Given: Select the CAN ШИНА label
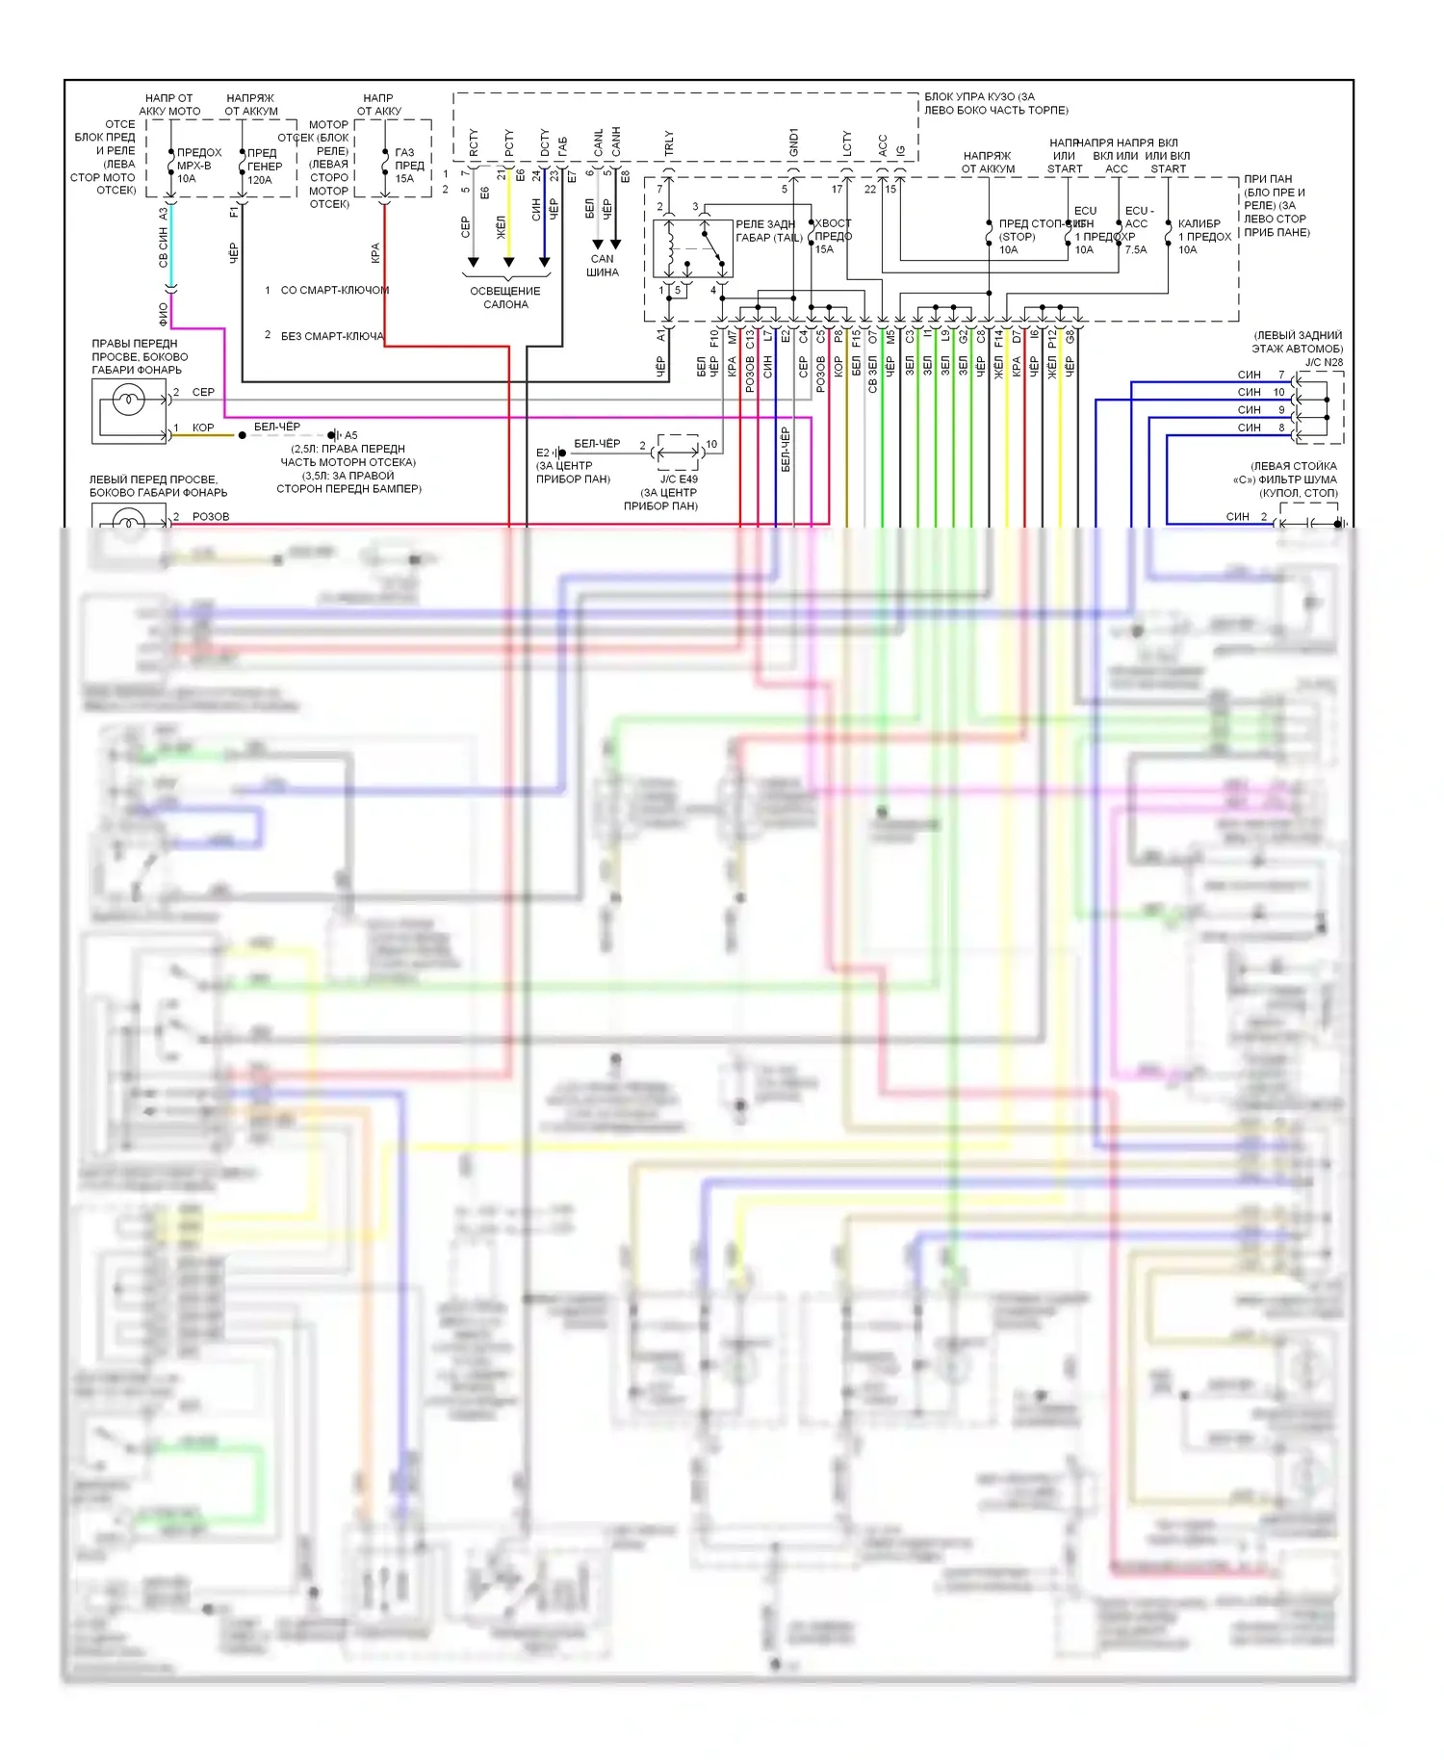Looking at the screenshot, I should pos(603,265).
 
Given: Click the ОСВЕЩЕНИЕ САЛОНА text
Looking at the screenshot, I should pos(505,298).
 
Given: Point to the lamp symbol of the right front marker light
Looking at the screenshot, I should pos(128,399).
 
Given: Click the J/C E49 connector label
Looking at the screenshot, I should pos(679,479).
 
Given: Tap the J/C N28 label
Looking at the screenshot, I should pos(1324,363).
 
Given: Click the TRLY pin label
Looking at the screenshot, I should pos(669,143).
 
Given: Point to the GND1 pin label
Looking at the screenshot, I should pos(793,142).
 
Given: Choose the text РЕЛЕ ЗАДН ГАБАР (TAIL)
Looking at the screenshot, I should pos(768,231).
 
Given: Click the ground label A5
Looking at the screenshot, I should pos(350,435).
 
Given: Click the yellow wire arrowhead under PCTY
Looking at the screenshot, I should pos(508,262).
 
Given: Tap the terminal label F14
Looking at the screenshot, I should pos(998,338).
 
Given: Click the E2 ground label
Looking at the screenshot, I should pos(543,453).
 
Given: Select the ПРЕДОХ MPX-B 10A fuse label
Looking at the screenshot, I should pos(198,166).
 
